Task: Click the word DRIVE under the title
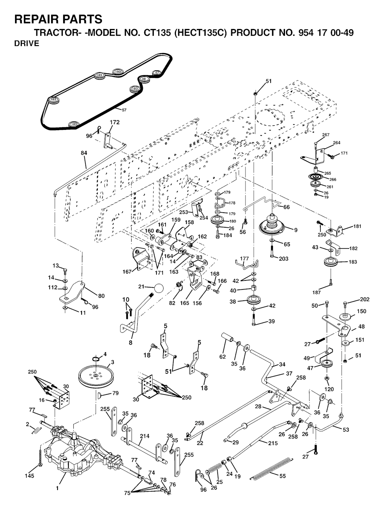click(26, 44)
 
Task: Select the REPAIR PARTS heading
click(58, 19)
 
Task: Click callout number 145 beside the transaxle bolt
click(29, 476)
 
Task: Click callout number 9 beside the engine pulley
click(296, 230)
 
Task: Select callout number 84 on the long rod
click(83, 153)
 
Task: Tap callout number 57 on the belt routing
click(124, 110)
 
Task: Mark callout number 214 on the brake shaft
click(144, 436)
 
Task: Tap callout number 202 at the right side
click(364, 300)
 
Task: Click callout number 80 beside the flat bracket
click(101, 296)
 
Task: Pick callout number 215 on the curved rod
click(273, 443)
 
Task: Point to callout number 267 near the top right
click(326, 135)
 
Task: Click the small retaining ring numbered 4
click(105, 354)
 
